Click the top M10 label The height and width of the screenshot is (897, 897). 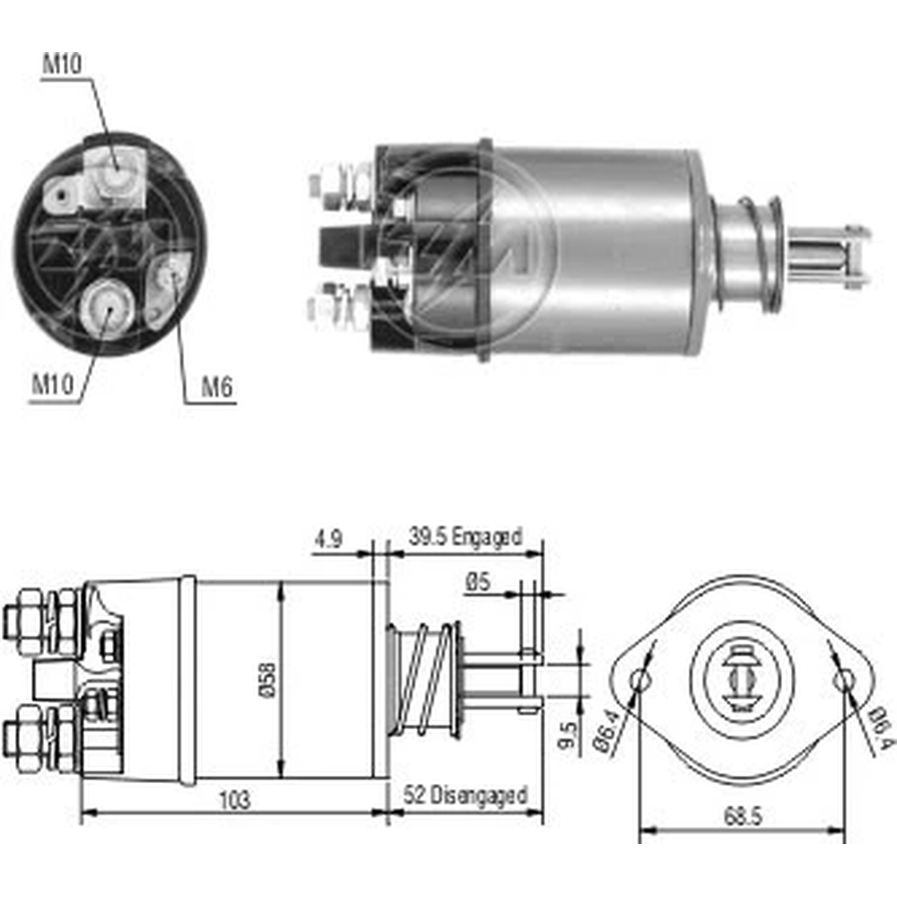click(x=63, y=64)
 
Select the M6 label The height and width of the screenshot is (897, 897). click(x=217, y=388)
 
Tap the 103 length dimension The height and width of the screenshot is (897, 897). click(x=235, y=800)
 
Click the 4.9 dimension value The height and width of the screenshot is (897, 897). click(x=327, y=539)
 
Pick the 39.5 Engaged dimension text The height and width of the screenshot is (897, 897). click(x=465, y=537)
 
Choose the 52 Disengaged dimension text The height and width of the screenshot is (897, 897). click(x=465, y=795)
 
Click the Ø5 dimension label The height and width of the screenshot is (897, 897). click(x=478, y=582)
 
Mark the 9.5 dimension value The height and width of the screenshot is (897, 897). click(x=568, y=736)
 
